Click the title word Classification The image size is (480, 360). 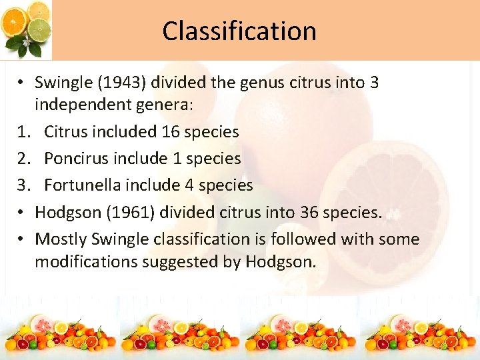coord(239,31)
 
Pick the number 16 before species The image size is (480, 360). coord(171,132)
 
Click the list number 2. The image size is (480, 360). coord(22,159)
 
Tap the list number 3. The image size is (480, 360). coord(22,185)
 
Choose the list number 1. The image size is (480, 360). coord(22,132)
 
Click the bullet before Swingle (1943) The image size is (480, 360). coord(21,83)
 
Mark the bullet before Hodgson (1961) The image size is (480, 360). coord(21,213)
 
